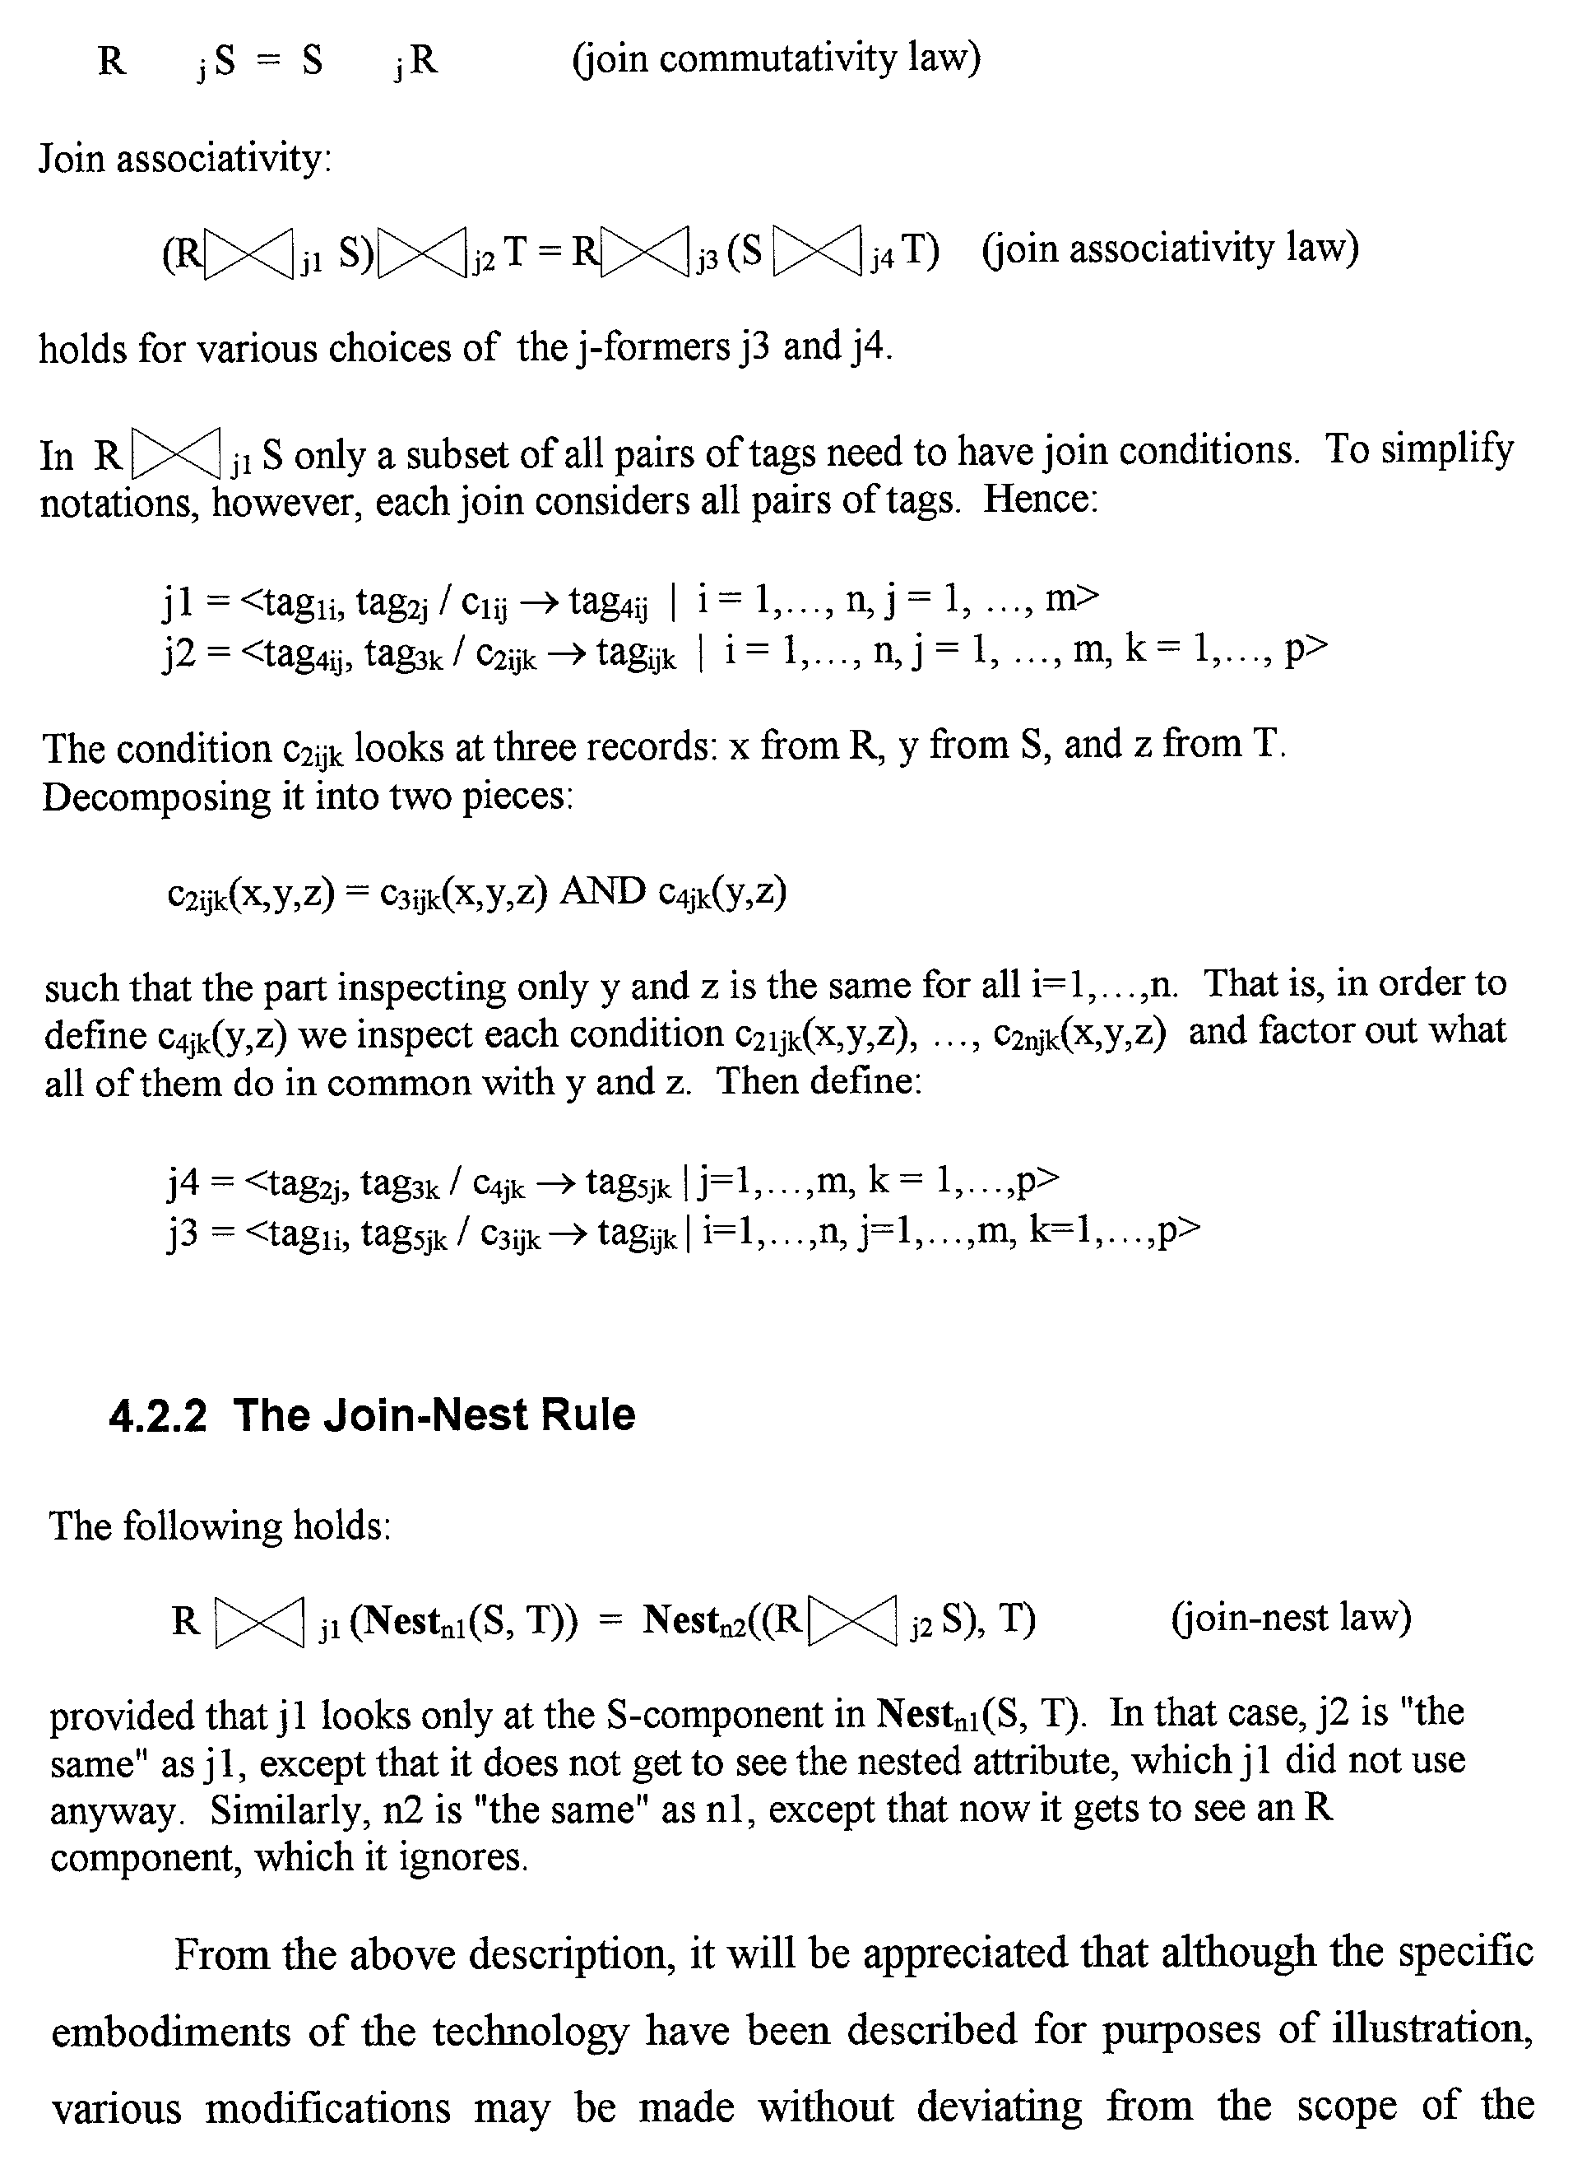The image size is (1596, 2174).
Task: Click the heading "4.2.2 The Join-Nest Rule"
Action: pyautogui.click(x=372, y=1415)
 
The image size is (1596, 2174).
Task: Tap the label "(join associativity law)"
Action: pyautogui.click(x=1170, y=249)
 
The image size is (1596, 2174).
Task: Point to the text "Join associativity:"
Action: pyautogui.click(x=184, y=157)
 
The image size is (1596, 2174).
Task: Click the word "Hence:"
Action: pyautogui.click(x=1041, y=499)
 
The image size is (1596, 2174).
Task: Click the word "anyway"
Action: pyautogui.click(x=114, y=1809)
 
